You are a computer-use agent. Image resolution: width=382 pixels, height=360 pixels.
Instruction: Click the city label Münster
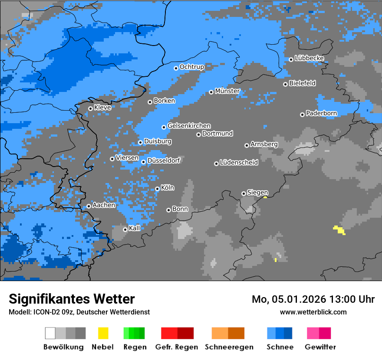(x=227, y=91)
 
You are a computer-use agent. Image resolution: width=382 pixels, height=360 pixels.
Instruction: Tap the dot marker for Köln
(x=157, y=189)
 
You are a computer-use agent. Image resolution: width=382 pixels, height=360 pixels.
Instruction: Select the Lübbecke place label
(x=310, y=58)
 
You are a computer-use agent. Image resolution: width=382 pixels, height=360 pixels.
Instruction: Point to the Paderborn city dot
(x=302, y=115)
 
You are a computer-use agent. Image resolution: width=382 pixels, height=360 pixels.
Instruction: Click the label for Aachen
(x=104, y=205)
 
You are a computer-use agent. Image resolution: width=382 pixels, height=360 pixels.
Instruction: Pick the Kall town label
(x=135, y=228)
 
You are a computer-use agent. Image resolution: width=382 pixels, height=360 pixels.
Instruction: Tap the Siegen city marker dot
(x=244, y=193)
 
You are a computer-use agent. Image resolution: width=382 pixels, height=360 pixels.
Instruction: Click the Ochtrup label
(x=192, y=67)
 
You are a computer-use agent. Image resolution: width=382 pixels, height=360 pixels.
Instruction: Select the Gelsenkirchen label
(x=189, y=126)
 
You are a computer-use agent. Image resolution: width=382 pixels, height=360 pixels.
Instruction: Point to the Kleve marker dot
(x=90, y=109)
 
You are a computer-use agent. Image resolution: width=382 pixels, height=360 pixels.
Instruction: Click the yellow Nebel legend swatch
(x=103, y=333)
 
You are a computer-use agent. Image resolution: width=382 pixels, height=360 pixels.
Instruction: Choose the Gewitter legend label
(x=320, y=347)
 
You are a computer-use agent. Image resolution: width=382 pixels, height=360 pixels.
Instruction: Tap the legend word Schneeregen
(x=229, y=347)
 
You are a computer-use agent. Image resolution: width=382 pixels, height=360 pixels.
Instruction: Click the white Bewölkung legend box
(x=50, y=333)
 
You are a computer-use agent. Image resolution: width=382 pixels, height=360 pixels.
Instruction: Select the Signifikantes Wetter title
(x=72, y=299)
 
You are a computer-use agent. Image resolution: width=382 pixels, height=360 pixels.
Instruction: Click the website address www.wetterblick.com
(x=313, y=312)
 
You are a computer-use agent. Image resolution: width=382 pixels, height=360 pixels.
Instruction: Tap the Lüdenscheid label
(x=239, y=163)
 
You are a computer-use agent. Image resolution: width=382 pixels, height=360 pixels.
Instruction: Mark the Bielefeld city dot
(x=285, y=84)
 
